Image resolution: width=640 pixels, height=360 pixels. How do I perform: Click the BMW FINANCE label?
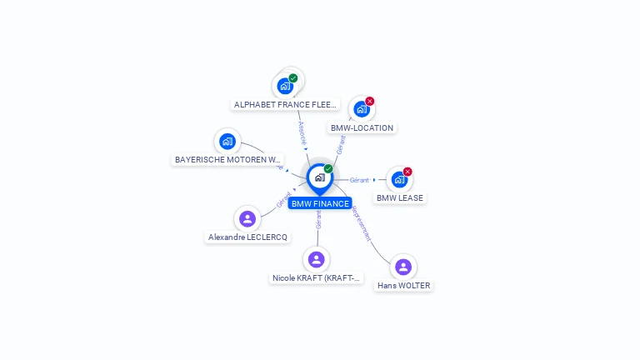[x=320, y=203]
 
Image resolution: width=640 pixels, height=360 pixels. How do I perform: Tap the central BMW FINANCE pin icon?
[x=319, y=177]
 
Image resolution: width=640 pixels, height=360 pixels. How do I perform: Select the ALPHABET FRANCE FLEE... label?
[x=286, y=105]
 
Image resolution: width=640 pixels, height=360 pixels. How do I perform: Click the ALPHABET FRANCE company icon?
[x=285, y=86]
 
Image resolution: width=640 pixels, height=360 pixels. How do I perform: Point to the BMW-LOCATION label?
[x=362, y=128]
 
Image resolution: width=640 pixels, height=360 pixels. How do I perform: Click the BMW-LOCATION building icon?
[x=361, y=109]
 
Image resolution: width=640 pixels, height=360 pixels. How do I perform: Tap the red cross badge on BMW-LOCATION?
[x=370, y=102]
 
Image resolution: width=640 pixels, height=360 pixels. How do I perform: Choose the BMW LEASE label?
[x=400, y=198]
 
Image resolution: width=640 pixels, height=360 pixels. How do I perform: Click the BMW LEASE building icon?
[x=399, y=179]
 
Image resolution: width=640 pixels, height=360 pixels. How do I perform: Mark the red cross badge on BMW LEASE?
[x=407, y=172]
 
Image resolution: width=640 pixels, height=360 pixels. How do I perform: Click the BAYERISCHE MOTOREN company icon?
[x=227, y=141]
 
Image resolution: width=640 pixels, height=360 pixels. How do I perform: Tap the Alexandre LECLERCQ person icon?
[x=247, y=218]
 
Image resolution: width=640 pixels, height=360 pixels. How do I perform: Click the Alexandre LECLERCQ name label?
[x=247, y=237]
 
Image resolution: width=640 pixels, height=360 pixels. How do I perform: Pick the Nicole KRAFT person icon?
[x=316, y=259]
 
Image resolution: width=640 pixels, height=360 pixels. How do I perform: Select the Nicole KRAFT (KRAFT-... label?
[x=317, y=278]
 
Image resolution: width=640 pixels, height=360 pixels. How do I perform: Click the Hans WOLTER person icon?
[x=403, y=267]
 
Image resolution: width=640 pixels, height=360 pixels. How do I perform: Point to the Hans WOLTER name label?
[x=404, y=286]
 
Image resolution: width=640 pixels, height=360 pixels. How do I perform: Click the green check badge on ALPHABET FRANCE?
[x=293, y=78]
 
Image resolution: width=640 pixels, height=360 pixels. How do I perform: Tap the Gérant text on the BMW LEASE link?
[x=359, y=180]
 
